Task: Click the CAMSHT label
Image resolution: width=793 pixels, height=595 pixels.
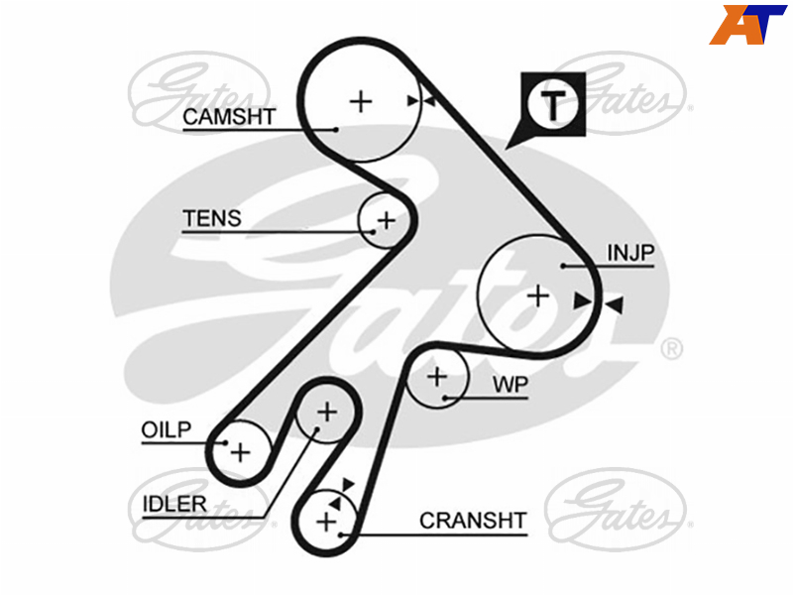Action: [229, 117]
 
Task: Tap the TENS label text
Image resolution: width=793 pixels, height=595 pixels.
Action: [212, 218]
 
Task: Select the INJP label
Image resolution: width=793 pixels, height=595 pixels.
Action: [630, 253]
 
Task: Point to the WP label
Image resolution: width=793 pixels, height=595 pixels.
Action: [510, 385]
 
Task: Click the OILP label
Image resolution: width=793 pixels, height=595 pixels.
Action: [167, 430]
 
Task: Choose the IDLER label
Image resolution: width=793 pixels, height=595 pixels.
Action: [174, 504]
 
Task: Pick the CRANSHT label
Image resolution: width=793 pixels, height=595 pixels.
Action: [473, 521]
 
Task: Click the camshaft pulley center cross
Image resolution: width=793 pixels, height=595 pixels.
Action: [361, 102]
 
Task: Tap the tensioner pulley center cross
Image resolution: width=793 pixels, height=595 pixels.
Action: [387, 220]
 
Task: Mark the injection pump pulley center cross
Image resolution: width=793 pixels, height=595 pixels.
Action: [538, 296]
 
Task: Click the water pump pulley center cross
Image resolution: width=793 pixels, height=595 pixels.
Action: [437, 377]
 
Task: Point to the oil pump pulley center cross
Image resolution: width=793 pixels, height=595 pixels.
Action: [241, 452]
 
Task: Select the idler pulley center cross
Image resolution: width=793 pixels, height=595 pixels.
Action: [327, 412]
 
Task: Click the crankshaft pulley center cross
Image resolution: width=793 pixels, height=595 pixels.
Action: [326, 522]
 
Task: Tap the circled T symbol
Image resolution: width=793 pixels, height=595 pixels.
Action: [553, 104]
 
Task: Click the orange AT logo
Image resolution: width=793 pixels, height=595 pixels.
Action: [747, 24]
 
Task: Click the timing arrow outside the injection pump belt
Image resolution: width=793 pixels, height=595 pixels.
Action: [614, 305]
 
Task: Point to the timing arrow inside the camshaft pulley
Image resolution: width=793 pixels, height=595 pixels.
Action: [413, 101]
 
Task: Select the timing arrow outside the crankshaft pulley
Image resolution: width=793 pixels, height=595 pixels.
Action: [349, 485]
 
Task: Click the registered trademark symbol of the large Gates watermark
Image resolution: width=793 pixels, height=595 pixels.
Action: [672, 349]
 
